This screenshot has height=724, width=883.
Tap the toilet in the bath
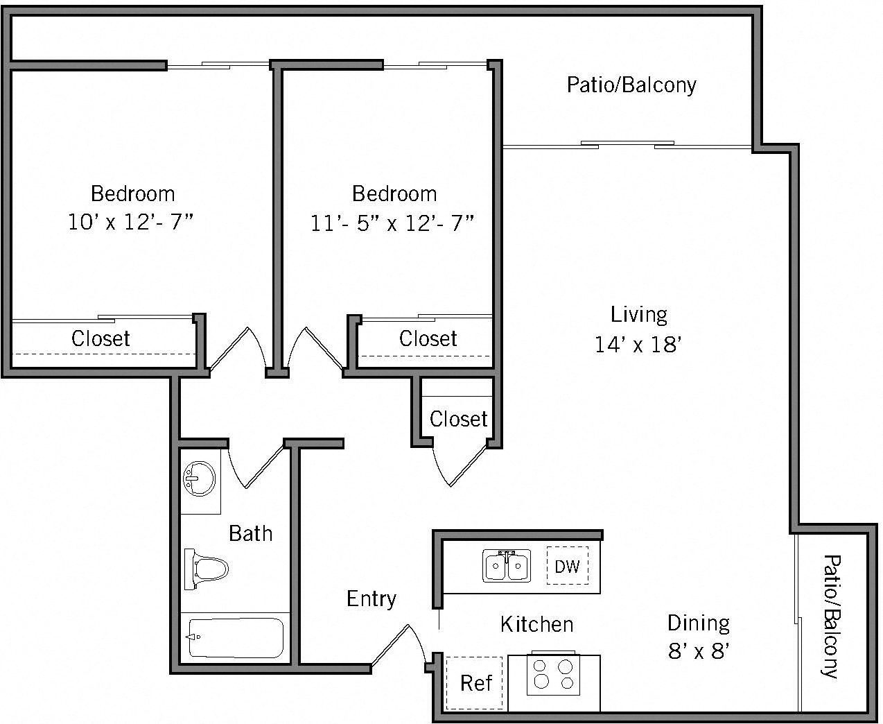click(207, 570)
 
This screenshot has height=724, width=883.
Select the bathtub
click(236, 637)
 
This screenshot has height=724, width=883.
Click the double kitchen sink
click(507, 565)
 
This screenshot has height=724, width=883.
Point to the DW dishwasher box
click(567, 566)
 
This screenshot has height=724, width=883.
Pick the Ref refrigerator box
click(475, 683)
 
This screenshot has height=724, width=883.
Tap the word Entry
click(371, 598)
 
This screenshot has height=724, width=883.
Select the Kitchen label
click(536, 624)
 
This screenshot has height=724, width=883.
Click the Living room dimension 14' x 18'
click(638, 344)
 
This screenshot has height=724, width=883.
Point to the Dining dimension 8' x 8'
click(699, 651)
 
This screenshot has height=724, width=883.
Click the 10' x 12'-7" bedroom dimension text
click(131, 223)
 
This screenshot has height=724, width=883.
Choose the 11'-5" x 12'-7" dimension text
click(392, 223)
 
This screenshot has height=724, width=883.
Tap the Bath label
click(250, 533)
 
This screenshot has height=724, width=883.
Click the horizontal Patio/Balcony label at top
click(631, 85)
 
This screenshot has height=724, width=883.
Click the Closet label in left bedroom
click(100, 338)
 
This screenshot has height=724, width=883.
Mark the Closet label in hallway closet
click(458, 419)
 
